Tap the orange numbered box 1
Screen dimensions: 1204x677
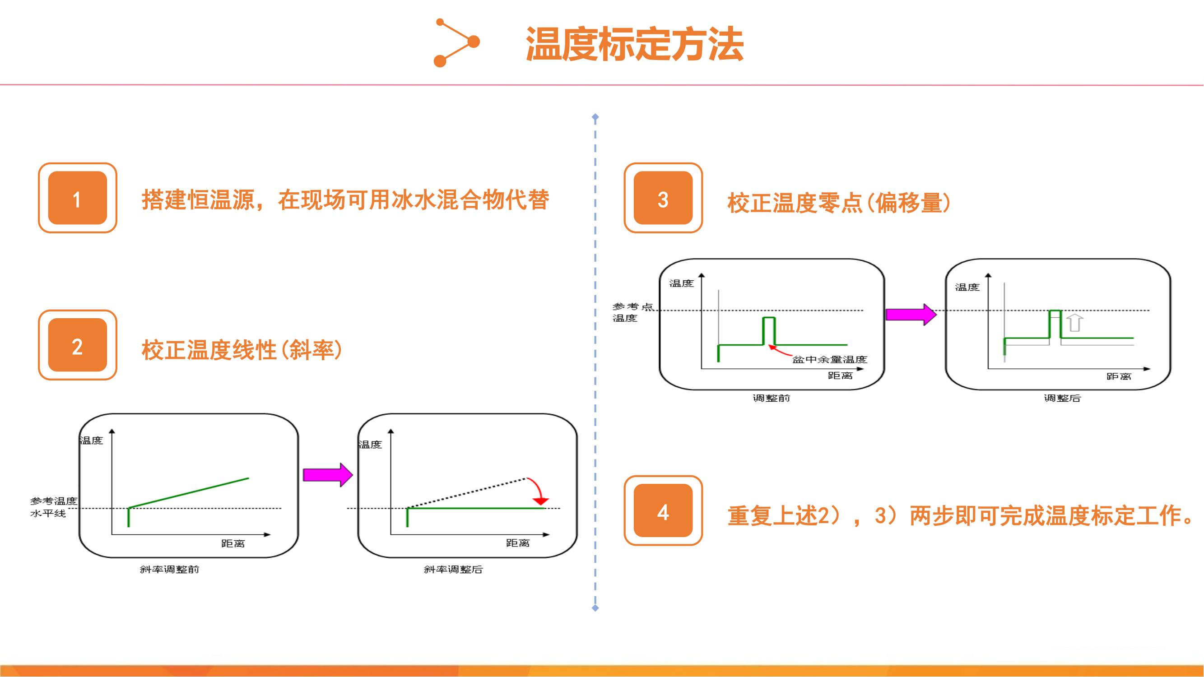pyautogui.click(x=78, y=198)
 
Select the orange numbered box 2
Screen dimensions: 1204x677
pyautogui.click(x=78, y=345)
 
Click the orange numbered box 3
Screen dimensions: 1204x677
pyautogui.click(x=663, y=198)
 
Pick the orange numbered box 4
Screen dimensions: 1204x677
pyautogui.click(x=663, y=510)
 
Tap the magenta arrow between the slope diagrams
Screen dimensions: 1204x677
pyautogui.click(x=328, y=475)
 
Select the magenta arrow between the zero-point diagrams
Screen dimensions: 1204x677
pyautogui.click(x=911, y=315)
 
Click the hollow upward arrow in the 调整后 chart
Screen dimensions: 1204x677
pyautogui.click(x=1075, y=323)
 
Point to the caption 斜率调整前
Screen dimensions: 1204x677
pyautogui.click(x=170, y=569)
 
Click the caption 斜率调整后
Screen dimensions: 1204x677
pyautogui.click(x=453, y=569)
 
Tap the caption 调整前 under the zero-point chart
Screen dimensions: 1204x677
pyautogui.click(x=771, y=398)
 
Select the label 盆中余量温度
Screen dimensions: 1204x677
pyautogui.click(x=830, y=359)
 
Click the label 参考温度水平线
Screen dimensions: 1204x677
pyautogui.click(x=53, y=507)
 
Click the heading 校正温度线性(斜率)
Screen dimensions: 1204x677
pyautogui.click(x=242, y=350)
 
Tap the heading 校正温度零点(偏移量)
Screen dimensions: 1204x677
pyautogui.click(x=839, y=203)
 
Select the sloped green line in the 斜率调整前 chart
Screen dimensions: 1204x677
pyautogui.click(x=189, y=492)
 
